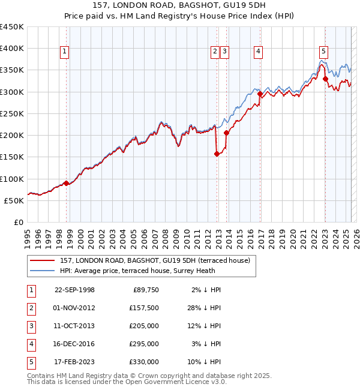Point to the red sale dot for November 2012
point(217,154)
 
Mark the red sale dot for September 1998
point(66,183)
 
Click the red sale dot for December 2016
point(260,94)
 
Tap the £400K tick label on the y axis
point(12,49)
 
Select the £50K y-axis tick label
point(14,200)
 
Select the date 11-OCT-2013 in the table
point(74,326)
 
